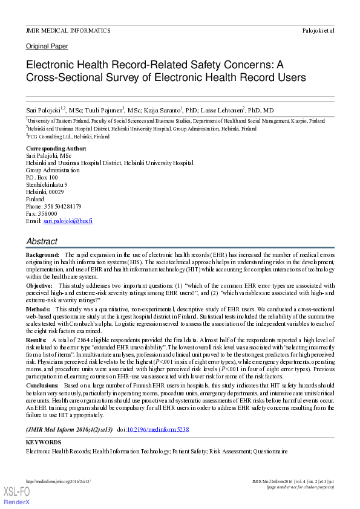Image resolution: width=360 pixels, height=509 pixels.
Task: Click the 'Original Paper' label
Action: [x=47, y=47]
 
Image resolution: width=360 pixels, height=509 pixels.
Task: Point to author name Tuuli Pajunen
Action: [x=100, y=110]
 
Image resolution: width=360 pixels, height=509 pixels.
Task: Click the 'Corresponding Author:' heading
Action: [x=56, y=149]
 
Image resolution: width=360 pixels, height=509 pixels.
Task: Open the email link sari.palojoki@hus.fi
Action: [x=68, y=221]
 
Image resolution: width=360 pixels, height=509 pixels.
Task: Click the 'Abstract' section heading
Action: [x=42, y=241]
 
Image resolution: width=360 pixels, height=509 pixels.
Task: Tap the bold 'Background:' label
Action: [x=42, y=256]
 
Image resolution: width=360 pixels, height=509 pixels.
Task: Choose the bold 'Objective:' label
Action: [x=39, y=285]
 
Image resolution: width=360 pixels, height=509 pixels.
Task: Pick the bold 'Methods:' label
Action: [x=38, y=309]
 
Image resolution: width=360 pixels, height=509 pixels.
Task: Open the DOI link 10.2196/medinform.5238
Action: [x=165, y=429]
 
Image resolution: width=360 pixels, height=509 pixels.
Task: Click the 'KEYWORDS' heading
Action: [x=43, y=443]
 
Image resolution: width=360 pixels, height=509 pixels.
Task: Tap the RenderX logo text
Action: [x=17, y=502]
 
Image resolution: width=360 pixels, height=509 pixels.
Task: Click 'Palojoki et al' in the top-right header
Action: [x=318, y=30]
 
